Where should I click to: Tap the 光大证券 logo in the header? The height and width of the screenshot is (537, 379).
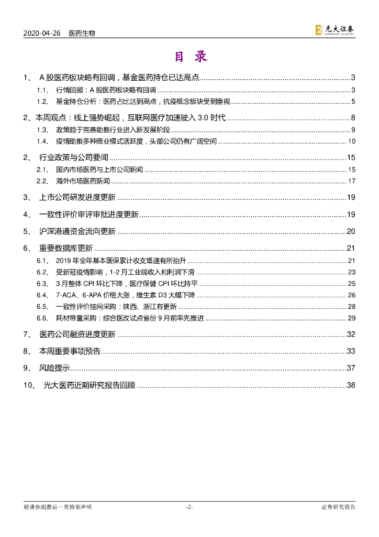[335, 30]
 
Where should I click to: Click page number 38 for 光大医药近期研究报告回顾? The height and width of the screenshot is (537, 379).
[351, 385]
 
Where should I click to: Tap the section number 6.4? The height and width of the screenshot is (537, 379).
[42, 295]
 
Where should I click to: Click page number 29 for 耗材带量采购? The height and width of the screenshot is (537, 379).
[351, 318]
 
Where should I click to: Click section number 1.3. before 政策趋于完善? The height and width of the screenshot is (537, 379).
[43, 130]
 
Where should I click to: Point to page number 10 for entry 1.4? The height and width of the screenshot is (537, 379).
[352, 142]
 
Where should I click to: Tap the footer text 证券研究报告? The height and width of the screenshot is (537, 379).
[338, 507]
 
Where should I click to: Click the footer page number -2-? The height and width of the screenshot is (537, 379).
[189, 507]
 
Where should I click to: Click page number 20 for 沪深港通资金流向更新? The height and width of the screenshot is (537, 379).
[351, 231]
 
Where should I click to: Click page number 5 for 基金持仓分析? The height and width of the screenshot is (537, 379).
[353, 101]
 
